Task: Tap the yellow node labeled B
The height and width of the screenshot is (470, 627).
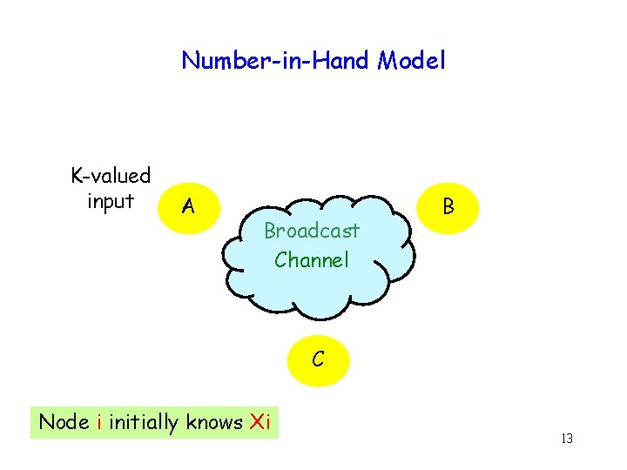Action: [x=448, y=206]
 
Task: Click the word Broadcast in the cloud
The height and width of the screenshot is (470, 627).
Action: [x=312, y=232]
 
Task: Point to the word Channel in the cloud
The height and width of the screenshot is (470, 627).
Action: [x=312, y=259]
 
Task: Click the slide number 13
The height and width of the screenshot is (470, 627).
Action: [x=566, y=438]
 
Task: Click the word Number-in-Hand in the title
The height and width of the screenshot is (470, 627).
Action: [x=277, y=60]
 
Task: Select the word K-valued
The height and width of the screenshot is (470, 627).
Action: [x=111, y=176]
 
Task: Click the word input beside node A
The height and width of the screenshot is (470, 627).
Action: [x=111, y=201]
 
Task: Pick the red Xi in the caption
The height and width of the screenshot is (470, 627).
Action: [x=260, y=422]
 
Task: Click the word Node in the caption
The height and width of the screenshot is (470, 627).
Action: [x=64, y=422]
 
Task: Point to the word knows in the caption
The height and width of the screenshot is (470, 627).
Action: [x=215, y=422]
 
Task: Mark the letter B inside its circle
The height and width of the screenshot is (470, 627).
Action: [x=448, y=206]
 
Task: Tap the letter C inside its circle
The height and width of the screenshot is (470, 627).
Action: [x=319, y=359]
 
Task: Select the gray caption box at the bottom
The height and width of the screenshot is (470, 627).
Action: [x=154, y=422]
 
